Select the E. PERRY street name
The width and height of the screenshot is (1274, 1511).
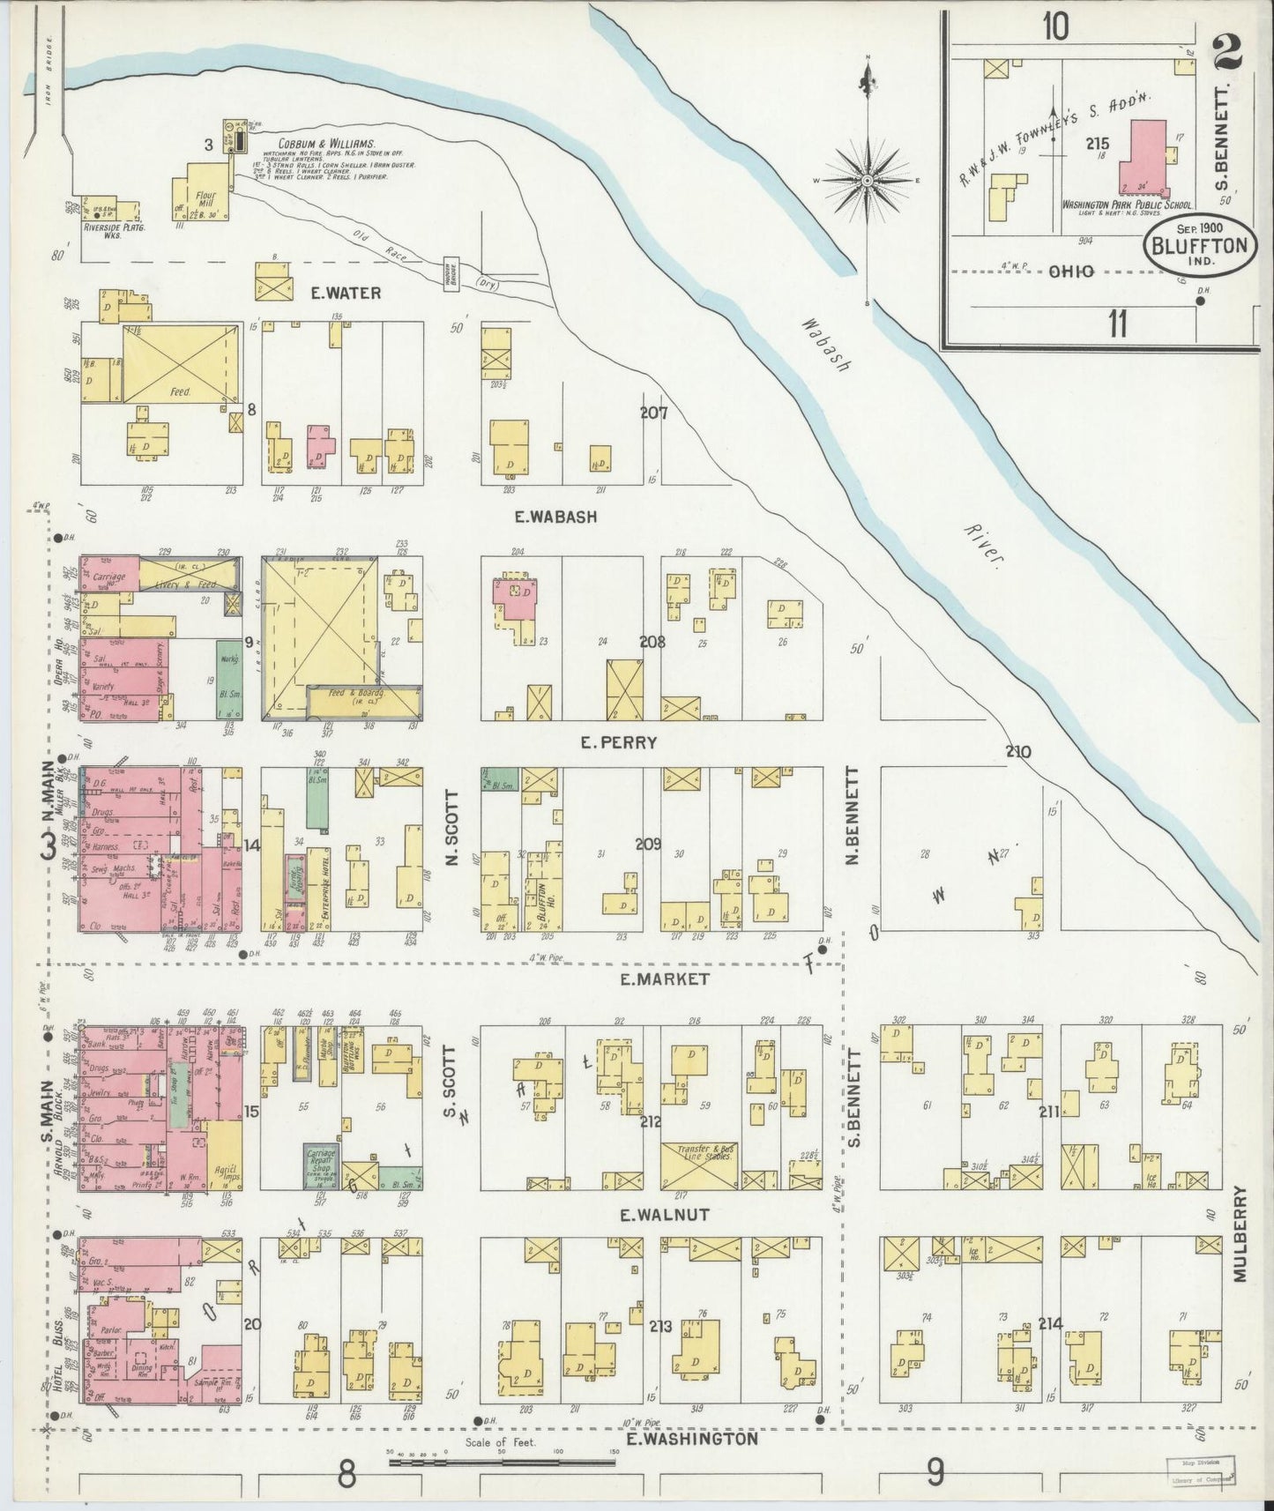click(x=618, y=742)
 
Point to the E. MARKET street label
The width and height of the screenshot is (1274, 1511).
click(x=664, y=979)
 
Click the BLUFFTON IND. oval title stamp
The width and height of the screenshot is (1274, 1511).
click(x=1200, y=245)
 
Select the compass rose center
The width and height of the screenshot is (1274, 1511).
click(x=868, y=181)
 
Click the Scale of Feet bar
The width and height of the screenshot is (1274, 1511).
click(x=503, y=1462)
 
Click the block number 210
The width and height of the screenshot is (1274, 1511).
click(x=1017, y=752)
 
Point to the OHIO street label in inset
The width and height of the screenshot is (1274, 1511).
click(x=1071, y=272)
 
